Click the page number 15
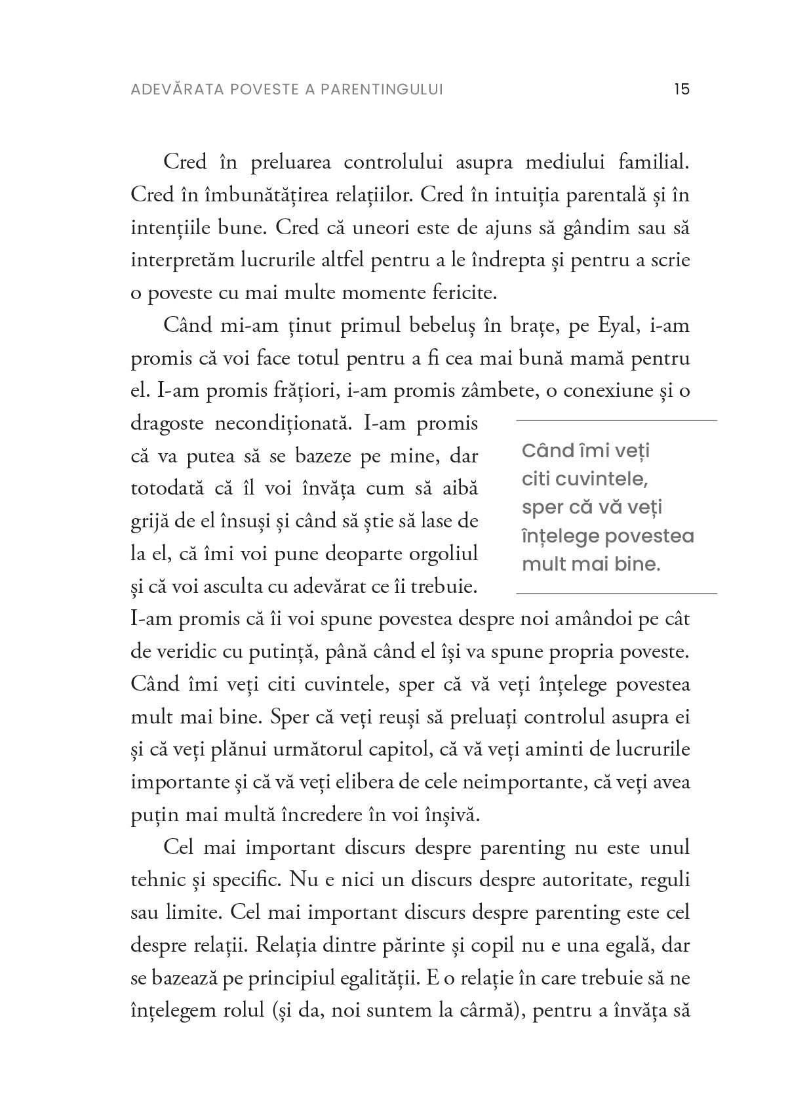tap(681, 89)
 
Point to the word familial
tap(654, 161)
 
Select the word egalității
tap(380, 978)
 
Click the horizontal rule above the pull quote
tap(616, 420)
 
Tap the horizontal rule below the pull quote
tap(616, 594)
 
